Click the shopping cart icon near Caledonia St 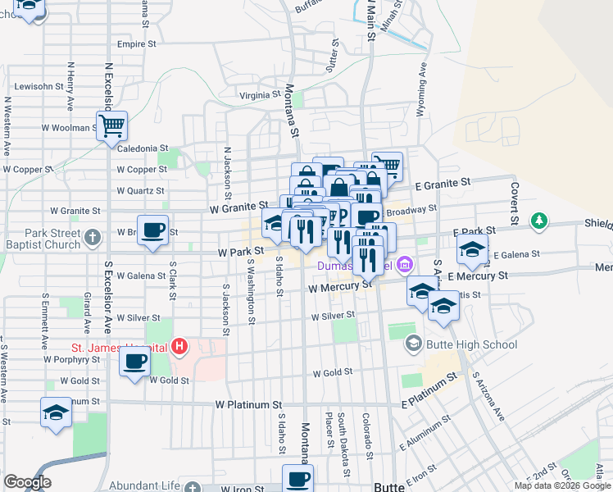click(111, 126)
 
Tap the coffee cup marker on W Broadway click(152, 230)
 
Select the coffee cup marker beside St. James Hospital click(135, 360)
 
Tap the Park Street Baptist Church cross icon click(93, 238)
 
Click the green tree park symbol click(538, 221)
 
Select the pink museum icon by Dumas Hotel click(403, 265)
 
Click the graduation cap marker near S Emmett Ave click(56, 413)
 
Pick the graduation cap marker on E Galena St click(472, 251)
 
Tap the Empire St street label click(136, 44)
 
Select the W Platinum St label click(248, 405)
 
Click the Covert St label click(515, 203)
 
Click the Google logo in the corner click(27, 482)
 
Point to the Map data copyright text click(562, 485)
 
